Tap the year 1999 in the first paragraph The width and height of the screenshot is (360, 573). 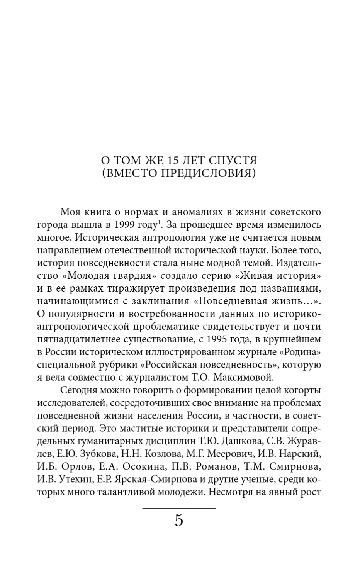click(125, 225)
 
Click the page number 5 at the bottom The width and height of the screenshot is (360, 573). click(179, 520)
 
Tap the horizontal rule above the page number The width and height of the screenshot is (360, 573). click(179, 509)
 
